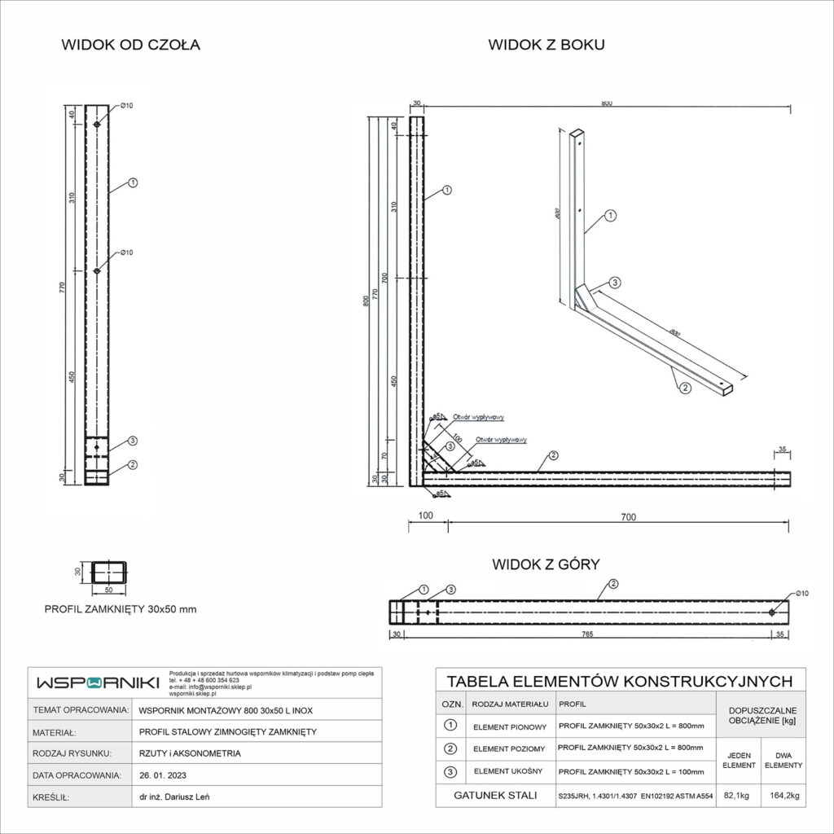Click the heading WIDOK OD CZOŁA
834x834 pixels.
point(130,45)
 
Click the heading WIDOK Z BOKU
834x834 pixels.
point(546,45)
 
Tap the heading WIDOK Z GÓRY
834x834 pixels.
point(546,564)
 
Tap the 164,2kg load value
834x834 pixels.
point(783,797)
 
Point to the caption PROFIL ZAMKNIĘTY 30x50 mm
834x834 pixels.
point(120,608)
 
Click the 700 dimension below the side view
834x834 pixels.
point(627,516)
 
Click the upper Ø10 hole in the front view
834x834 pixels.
point(97,124)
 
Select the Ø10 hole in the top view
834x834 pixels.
point(772,612)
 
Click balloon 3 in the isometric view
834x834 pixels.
point(616,283)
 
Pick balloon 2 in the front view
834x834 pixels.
point(132,465)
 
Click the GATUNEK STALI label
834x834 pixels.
point(493,797)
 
